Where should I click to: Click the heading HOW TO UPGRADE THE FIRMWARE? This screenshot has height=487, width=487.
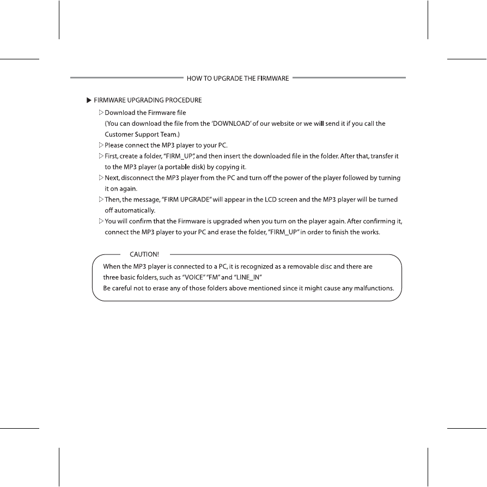[238, 78]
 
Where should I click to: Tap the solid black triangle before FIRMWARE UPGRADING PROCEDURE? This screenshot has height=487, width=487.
[88, 100]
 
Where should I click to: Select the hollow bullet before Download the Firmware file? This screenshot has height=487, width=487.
[101, 113]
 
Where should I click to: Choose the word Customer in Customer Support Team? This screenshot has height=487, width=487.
[119, 134]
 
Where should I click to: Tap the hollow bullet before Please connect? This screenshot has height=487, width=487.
[101, 145]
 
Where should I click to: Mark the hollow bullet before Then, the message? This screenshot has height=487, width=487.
[101, 199]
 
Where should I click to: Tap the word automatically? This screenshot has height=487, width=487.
[131, 210]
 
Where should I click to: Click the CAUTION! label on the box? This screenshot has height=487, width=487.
[144, 254]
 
